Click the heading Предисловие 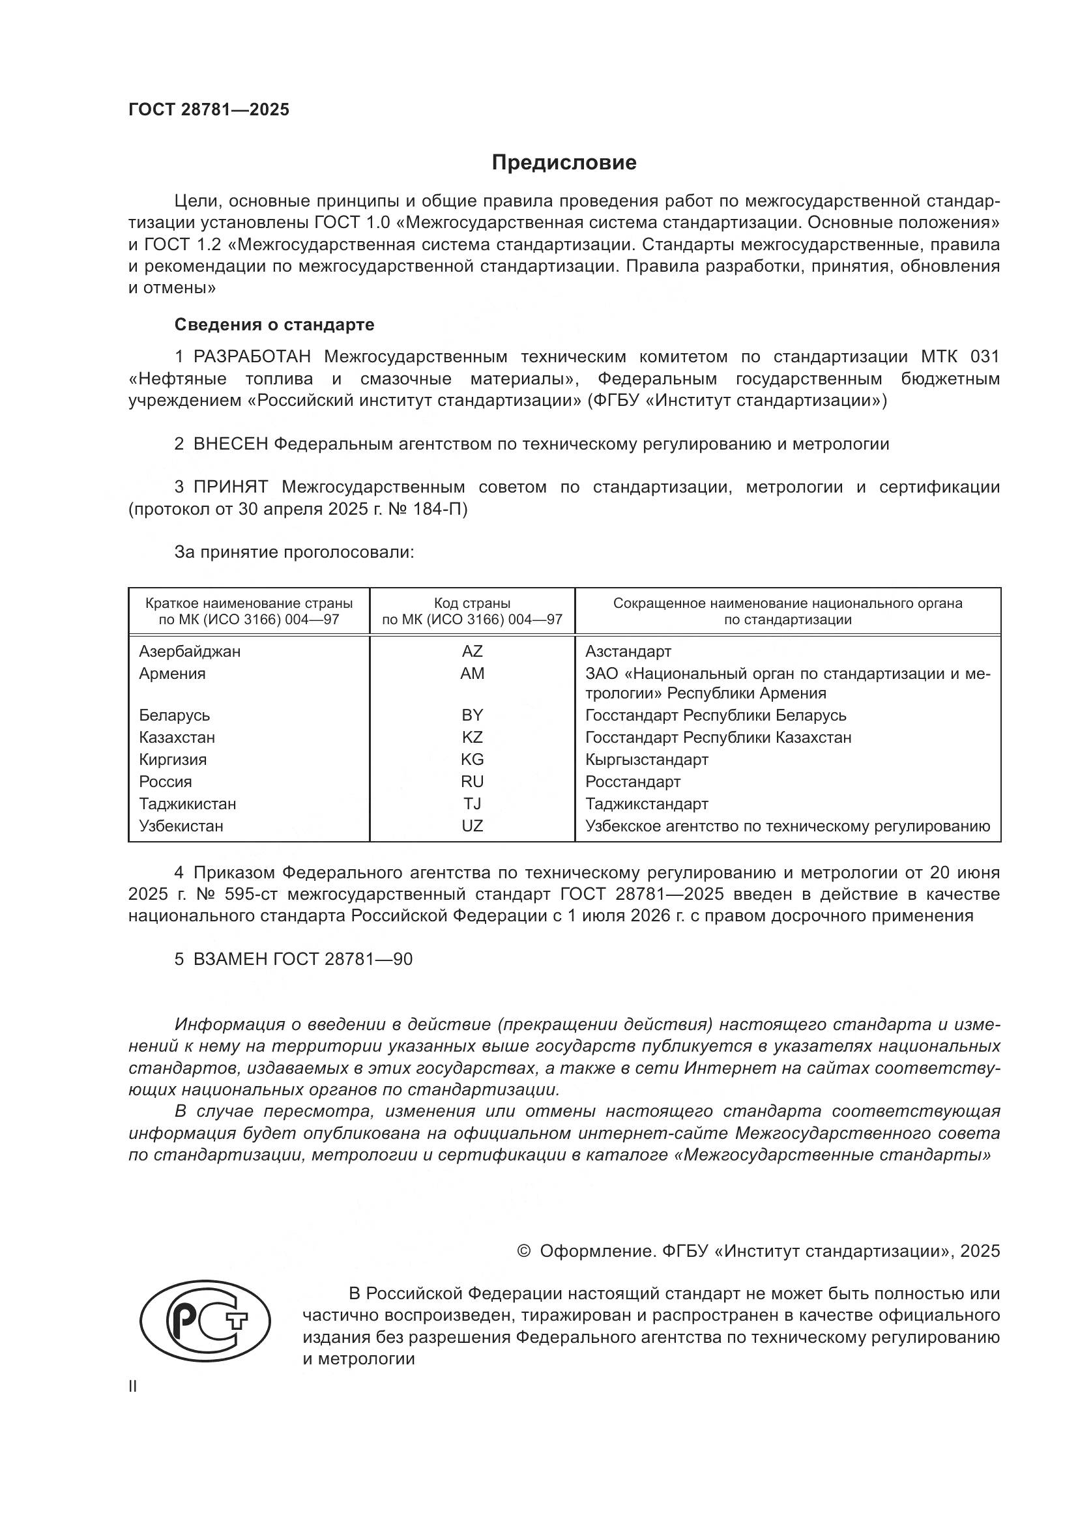[564, 163]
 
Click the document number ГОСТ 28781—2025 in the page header [209, 110]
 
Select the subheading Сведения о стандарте [274, 324]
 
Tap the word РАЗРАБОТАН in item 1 [252, 357]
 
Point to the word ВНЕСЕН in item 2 [229, 444]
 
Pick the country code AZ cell [472, 651]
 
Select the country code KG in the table [472, 759]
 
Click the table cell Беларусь [175, 715]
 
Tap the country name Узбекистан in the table [181, 826]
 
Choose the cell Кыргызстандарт [647, 759]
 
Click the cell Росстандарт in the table [633, 781]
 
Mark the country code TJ [472, 804]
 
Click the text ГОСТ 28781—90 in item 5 [343, 959]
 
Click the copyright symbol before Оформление [524, 1251]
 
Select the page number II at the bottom [133, 1387]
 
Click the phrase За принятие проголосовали [294, 553]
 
